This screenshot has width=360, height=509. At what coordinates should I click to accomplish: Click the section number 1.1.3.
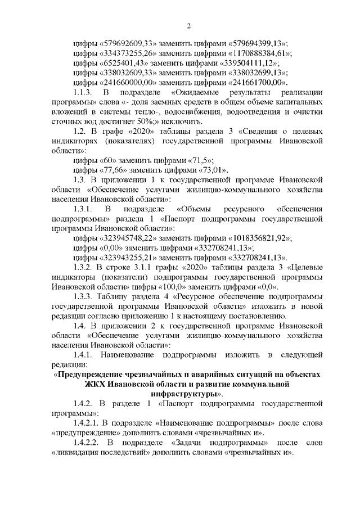(84, 93)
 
